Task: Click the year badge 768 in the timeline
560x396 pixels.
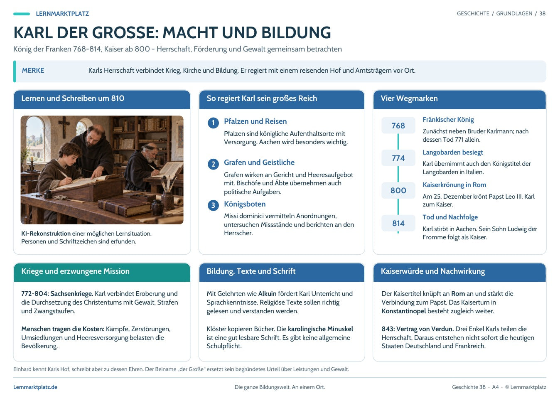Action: [x=398, y=125]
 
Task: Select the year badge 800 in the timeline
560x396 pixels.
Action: [x=398, y=190]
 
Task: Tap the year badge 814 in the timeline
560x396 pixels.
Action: [x=398, y=223]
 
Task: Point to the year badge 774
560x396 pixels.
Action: [x=398, y=158]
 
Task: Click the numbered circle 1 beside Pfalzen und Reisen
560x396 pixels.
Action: [x=213, y=123]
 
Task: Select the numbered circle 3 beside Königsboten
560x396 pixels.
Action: [x=213, y=205]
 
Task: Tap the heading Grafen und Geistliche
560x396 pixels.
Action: [x=259, y=162]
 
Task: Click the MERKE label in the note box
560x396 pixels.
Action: [x=33, y=71]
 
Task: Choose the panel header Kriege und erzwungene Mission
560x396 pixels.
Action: [x=102, y=272]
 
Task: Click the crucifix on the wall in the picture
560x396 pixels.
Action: [x=64, y=126]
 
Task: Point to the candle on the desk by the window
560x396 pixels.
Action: [x=32, y=162]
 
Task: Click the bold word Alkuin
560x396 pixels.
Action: [x=267, y=293]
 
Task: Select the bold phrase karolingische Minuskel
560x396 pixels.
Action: [x=320, y=329]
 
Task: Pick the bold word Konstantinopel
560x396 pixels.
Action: [x=403, y=311]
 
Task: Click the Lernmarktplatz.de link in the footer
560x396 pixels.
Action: [x=35, y=387]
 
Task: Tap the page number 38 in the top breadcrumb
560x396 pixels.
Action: [x=542, y=13]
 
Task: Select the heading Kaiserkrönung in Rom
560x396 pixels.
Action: [x=454, y=185]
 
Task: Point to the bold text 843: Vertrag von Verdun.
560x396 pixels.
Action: [x=418, y=329]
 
